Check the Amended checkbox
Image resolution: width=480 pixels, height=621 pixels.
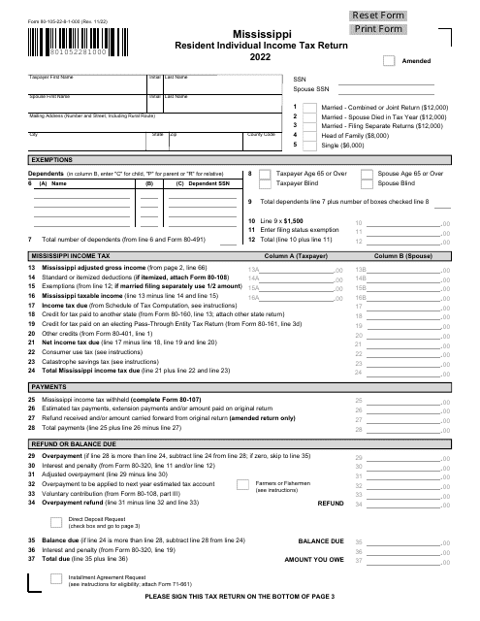(x=389, y=60)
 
